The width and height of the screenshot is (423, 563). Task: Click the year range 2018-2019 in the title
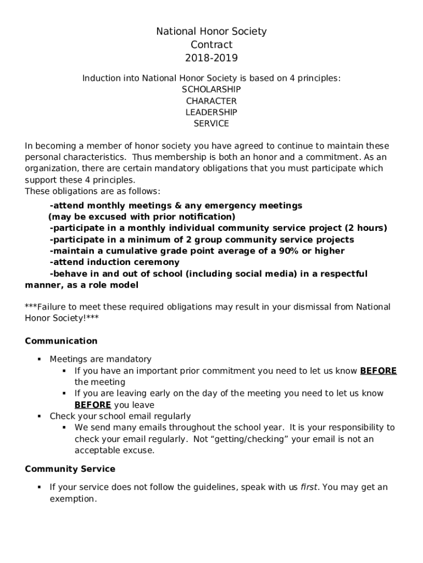pos(211,58)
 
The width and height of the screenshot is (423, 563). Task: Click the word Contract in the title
pos(211,45)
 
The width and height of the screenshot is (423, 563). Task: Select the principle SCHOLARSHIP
pos(211,89)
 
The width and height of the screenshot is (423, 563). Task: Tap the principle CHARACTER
pos(211,101)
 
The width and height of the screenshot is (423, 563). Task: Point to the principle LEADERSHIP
pos(211,112)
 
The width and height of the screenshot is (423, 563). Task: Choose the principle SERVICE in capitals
pos(211,124)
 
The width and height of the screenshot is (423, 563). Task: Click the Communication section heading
pos(61,341)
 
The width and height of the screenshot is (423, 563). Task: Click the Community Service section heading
pos(70,469)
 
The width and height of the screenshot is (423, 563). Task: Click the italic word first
pos(310,487)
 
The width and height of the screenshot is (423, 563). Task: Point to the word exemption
pos(73,499)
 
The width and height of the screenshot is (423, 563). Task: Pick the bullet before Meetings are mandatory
pos(40,359)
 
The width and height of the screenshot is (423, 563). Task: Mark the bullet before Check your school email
pos(40,416)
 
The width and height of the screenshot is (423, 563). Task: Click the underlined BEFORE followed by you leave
pos(93,405)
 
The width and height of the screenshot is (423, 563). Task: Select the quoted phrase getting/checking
pos(253,439)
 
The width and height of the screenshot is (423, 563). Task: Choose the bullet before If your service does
pos(40,487)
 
